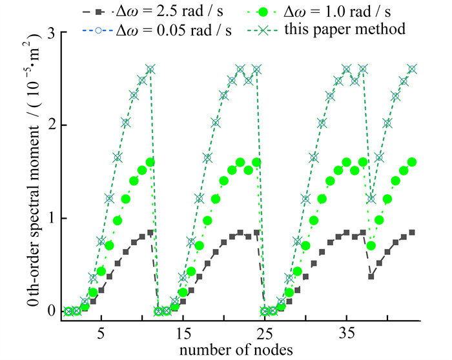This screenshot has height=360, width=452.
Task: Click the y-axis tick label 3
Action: click(48, 34)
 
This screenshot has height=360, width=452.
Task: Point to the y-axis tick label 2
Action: click(48, 125)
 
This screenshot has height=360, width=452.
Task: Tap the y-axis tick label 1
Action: click(48, 218)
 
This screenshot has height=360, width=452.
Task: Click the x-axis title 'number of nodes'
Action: click(238, 350)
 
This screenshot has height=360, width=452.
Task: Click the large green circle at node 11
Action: click(150, 162)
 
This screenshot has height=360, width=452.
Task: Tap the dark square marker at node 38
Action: click(371, 276)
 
